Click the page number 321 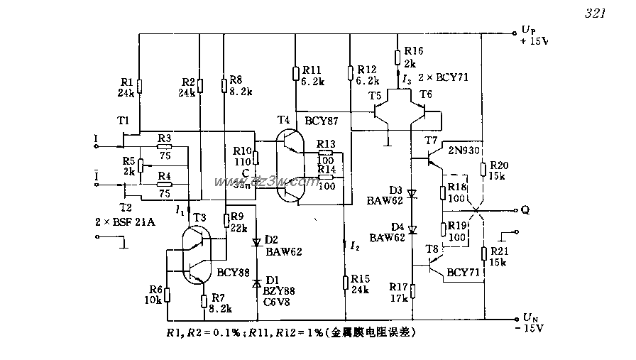point(593,13)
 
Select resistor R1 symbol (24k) point(139,87)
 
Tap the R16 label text point(413,51)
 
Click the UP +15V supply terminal point(514,33)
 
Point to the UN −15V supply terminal point(514,319)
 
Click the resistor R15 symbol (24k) point(344,281)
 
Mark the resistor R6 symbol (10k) point(167,292)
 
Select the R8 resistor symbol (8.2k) point(224,87)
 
